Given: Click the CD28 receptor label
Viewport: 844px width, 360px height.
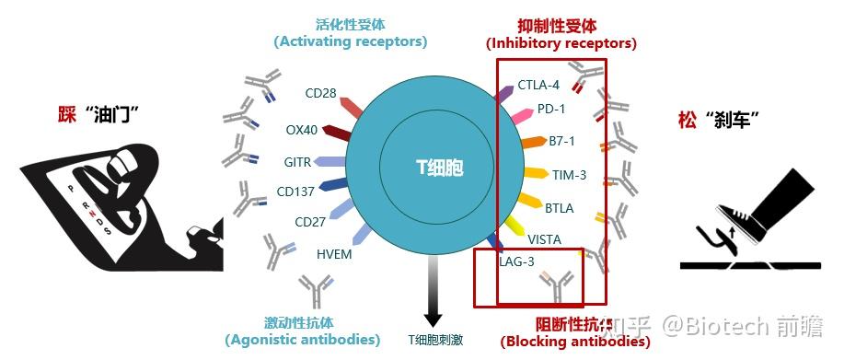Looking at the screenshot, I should click(321, 93).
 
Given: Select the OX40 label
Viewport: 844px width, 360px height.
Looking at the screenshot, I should click(302, 130).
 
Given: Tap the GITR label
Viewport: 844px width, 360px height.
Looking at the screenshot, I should click(297, 163).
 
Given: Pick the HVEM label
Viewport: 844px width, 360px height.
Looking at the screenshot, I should click(334, 254).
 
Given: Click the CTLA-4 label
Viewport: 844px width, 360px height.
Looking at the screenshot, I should click(538, 85).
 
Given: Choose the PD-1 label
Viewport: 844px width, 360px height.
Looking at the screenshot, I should click(551, 109).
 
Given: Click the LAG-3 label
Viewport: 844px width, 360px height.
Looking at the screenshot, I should click(516, 261).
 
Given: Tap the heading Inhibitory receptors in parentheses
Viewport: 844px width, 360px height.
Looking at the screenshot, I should click(561, 43).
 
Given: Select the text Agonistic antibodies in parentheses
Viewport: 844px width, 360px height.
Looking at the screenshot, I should click(303, 340).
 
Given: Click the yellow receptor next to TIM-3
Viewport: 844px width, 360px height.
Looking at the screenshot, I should click(536, 171).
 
